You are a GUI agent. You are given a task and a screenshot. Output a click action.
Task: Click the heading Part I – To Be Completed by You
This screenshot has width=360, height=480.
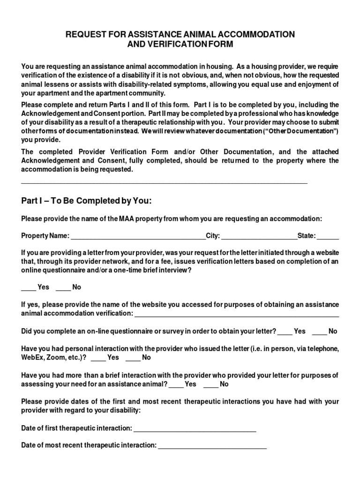tap(87, 201)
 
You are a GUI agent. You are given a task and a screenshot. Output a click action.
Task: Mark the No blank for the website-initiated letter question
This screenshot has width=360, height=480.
tap(63, 287)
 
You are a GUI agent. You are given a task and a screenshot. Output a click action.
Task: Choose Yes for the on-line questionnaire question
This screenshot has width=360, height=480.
tap(285, 332)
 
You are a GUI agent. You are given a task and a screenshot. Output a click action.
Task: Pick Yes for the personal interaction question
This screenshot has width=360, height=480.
tap(98, 358)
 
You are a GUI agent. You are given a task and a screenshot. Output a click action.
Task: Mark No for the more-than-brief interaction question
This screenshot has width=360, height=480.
tap(210, 385)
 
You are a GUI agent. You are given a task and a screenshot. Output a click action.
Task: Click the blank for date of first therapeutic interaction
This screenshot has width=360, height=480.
tap(195, 429)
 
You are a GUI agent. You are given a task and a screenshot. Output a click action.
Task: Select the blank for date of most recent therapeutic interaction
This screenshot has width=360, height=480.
tap(212, 446)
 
